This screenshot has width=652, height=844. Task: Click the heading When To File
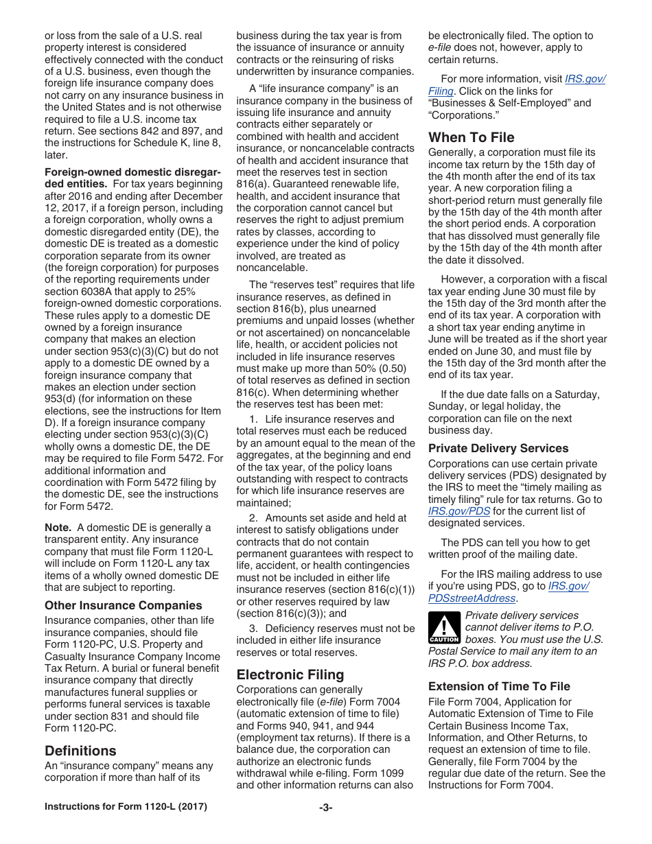click(471, 137)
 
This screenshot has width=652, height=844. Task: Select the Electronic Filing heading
click(290, 675)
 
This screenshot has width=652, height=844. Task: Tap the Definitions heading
click(80, 751)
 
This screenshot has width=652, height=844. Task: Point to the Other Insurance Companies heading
click(124, 605)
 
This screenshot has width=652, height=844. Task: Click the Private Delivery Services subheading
click(498, 448)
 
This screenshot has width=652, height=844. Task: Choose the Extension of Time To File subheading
click(499, 686)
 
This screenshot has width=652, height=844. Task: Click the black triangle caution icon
click(444, 628)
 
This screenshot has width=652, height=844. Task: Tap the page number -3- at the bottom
click(325, 808)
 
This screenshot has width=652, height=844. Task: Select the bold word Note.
click(58, 528)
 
